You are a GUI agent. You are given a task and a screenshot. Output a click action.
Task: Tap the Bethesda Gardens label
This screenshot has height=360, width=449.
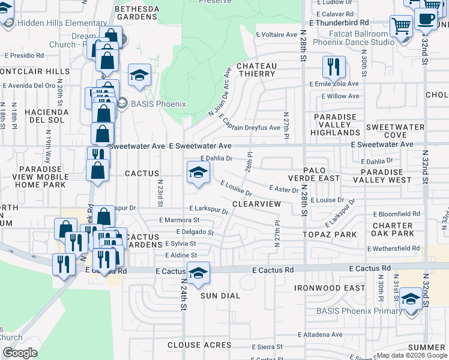pyautogui.click(x=137, y=13)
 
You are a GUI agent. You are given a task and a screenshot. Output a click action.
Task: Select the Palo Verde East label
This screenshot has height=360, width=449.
pyautogui.click(x=321, y=174)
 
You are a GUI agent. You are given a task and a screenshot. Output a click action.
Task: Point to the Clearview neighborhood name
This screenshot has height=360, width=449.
pyautogui.click(x=256, y=205)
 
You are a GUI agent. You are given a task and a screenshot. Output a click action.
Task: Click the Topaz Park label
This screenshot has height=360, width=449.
pyautogui.click(x=325, y=233)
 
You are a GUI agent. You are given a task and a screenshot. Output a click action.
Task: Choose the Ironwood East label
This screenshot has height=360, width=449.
pyautogui.click(x=330, y=288)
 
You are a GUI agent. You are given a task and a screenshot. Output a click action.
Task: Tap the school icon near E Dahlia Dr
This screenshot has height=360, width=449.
pyautogui.click(x=198, y=173)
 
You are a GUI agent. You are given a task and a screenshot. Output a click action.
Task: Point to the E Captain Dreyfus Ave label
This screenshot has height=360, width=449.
pyautogui.click(x=249, y=123)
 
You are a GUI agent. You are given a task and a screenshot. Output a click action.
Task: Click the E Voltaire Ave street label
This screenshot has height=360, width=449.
pyautogui.click(x=277, y=34)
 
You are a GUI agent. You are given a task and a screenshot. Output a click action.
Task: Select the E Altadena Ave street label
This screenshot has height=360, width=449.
pyautogui.click(x=320, y=334)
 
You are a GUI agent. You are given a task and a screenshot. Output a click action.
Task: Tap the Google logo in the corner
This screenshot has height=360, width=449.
pyautogui.click(x=20, y=352)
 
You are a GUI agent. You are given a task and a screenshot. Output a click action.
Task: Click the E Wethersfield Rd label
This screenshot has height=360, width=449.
pyautogui.click(x=393, y=248)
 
